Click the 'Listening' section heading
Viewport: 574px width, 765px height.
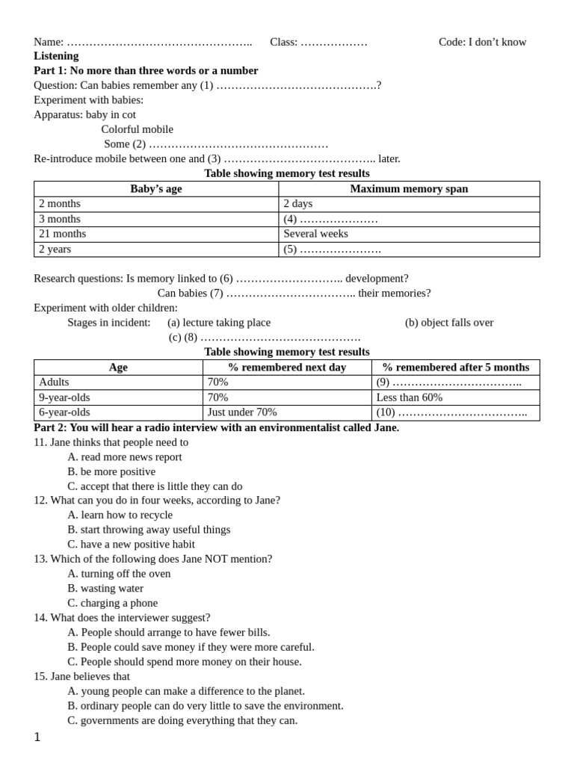click(x=56, y=56)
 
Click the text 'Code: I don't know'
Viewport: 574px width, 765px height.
click(x=482, y=42)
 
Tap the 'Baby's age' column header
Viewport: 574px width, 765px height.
click(x=156, y=189)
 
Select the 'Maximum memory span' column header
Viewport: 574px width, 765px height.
click(x=409, y=189)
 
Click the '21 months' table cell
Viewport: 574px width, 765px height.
click(x=62, y=234)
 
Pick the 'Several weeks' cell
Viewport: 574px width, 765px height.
click(x=315, y=234)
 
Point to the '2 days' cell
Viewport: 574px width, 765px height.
click(x=298, y=204)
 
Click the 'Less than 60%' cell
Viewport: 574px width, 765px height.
click(x=409, y=397)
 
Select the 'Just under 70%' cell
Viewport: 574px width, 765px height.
click(x=242, y=412)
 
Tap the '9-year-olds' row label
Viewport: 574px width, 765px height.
click(x=64, y=397)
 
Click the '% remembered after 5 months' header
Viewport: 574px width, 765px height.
click(x=455, y=368)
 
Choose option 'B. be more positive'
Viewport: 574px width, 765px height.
click(x=111, y=471)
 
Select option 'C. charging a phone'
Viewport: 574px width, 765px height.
click(x=112, y=603)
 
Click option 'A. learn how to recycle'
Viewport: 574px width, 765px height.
click(x=120, y=515)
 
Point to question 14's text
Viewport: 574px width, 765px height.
click(x=122, y=617)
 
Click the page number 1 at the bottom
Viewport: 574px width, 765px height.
click(x=37, y=737)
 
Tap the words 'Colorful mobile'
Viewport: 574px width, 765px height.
click(x=137, y=129)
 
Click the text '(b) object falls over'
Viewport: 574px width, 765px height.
click(x=449, y=323)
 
